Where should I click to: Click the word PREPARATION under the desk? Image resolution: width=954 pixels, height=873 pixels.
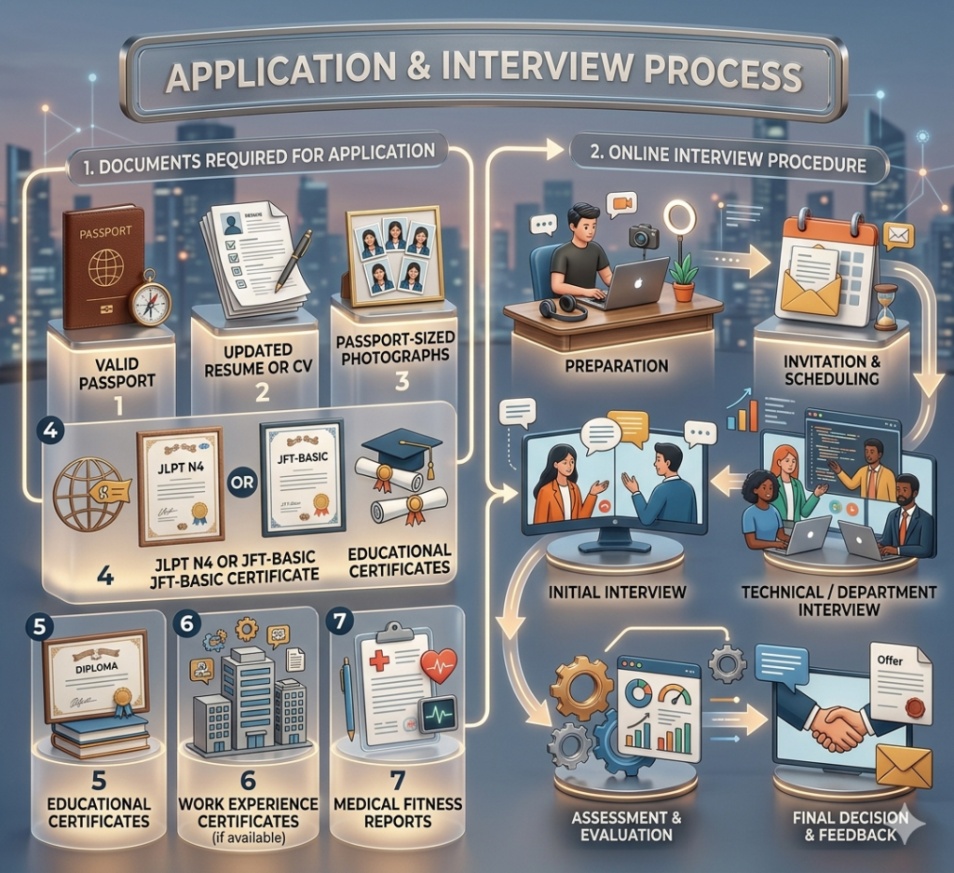point(617,366)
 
